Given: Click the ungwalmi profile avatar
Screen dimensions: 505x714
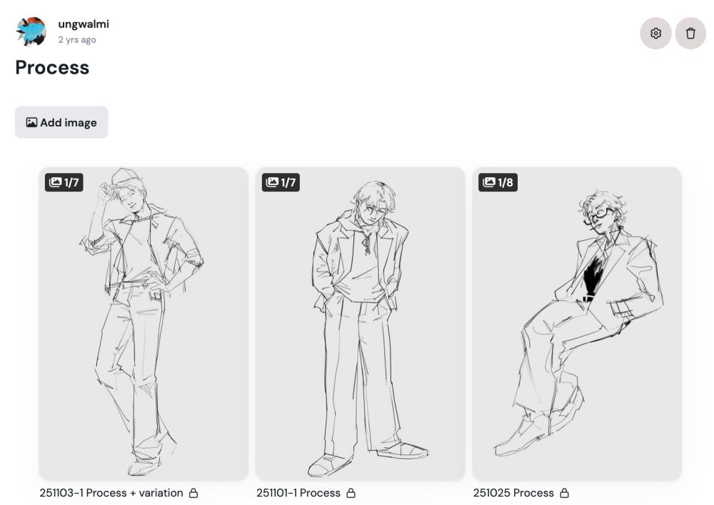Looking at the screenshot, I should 31,32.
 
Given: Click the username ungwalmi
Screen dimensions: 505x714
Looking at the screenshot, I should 84,24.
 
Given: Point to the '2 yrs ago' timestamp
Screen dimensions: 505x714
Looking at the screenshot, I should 77,40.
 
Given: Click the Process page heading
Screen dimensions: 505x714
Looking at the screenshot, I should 52,68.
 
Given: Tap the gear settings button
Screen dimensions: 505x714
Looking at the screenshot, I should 655,34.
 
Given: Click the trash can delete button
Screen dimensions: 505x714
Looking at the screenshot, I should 690,34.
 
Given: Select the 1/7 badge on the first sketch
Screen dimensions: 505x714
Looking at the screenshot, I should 64,183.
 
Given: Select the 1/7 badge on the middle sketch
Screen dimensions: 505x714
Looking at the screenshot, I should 281,183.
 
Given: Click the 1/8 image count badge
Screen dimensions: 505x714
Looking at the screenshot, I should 498,183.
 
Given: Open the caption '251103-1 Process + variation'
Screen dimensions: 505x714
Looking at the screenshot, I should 111,493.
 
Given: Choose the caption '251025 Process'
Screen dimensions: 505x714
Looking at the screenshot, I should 513,493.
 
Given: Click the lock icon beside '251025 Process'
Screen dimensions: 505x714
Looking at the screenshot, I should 565,493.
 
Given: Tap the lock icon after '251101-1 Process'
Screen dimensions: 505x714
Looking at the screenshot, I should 351,493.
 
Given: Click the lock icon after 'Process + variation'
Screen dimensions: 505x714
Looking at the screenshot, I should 193,493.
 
